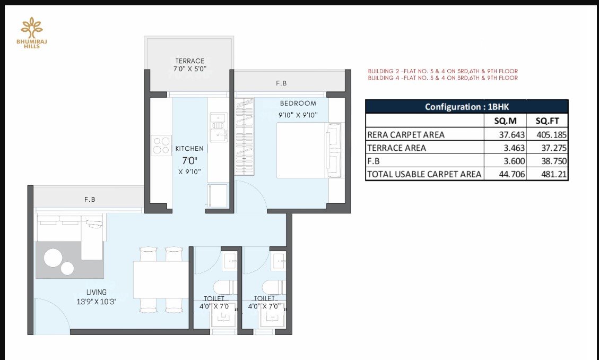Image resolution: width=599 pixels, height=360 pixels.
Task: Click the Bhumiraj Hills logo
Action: point(32,32)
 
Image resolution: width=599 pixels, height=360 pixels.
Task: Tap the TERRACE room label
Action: point(189,61)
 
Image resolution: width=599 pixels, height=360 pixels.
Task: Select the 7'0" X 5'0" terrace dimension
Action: point(189,69)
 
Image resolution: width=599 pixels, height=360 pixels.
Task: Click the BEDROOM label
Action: point(298,103)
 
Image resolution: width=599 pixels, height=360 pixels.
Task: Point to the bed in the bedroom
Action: point(310,150)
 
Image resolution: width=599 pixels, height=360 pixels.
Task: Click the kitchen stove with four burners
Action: point(161,145)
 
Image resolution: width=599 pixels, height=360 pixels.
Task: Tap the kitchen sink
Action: point(219,127)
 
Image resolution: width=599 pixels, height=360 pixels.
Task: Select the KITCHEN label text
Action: point(189,149)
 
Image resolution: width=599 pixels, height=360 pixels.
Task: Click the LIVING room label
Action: point(96,293)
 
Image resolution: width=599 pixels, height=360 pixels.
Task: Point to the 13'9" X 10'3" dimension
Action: point(96,302)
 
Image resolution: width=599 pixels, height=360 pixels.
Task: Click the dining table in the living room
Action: point(161,280)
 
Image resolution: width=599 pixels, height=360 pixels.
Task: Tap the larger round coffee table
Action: point(53,258)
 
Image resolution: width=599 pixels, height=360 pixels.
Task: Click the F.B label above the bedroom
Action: point(281,83)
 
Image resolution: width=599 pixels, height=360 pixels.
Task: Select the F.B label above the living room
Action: point(90,200)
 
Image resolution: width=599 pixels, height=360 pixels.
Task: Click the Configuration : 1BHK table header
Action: point(467,107)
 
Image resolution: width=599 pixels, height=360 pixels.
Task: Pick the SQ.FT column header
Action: point(547,121)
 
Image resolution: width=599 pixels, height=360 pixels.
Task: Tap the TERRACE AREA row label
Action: point(396,148)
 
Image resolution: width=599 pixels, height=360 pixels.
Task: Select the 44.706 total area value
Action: point(512,175)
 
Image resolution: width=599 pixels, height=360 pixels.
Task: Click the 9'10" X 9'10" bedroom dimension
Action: point(298,115)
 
